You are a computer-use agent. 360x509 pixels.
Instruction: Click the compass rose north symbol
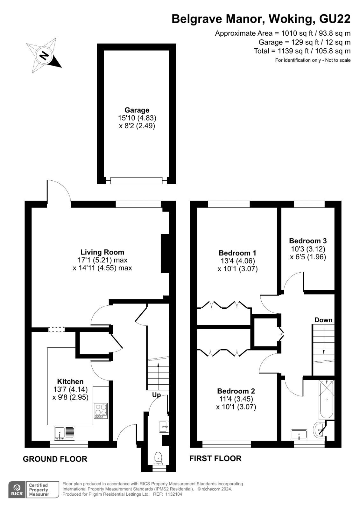pos(44,55)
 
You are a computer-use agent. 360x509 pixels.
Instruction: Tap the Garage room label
pos(137,110)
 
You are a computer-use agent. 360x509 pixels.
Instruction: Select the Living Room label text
pos(102,252)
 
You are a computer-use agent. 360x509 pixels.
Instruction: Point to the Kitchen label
pos(70,381)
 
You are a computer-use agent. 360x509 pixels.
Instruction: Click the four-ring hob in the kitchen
pos(101,411)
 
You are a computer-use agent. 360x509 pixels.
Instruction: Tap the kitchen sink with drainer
pos(65,433)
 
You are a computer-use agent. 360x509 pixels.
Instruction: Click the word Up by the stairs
pos(157,395)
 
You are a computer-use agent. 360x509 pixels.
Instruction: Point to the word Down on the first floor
pos(323,320)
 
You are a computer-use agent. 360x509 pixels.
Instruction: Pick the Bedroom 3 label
pos(308,241)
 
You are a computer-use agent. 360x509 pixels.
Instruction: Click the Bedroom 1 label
pos(237,253)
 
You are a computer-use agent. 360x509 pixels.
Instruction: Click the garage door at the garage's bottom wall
pos(137,181)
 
